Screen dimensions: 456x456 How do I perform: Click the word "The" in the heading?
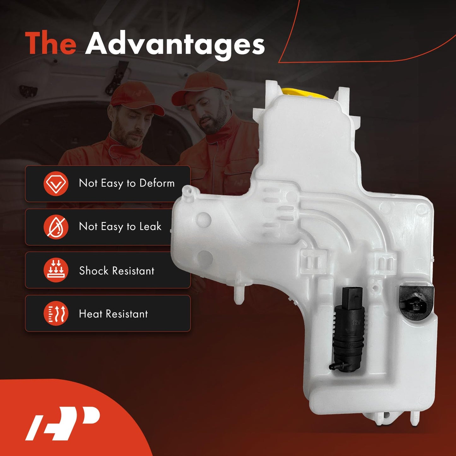tap(50, 44)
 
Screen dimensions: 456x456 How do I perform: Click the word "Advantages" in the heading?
tap(175, 44)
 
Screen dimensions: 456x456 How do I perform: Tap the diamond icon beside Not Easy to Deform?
tap(56, 184)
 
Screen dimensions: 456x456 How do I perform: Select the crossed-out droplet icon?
tap(56, 227)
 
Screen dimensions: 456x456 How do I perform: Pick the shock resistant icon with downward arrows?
tap(56, 270)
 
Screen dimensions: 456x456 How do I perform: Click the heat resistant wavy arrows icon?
tap(56, 313)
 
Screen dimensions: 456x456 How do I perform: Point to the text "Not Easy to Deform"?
tap(127, 183)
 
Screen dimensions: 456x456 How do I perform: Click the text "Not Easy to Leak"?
tap(120, 227)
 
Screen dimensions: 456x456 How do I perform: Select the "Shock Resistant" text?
tap(116, 270)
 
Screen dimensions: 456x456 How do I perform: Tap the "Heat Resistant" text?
tap(113, 314)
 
